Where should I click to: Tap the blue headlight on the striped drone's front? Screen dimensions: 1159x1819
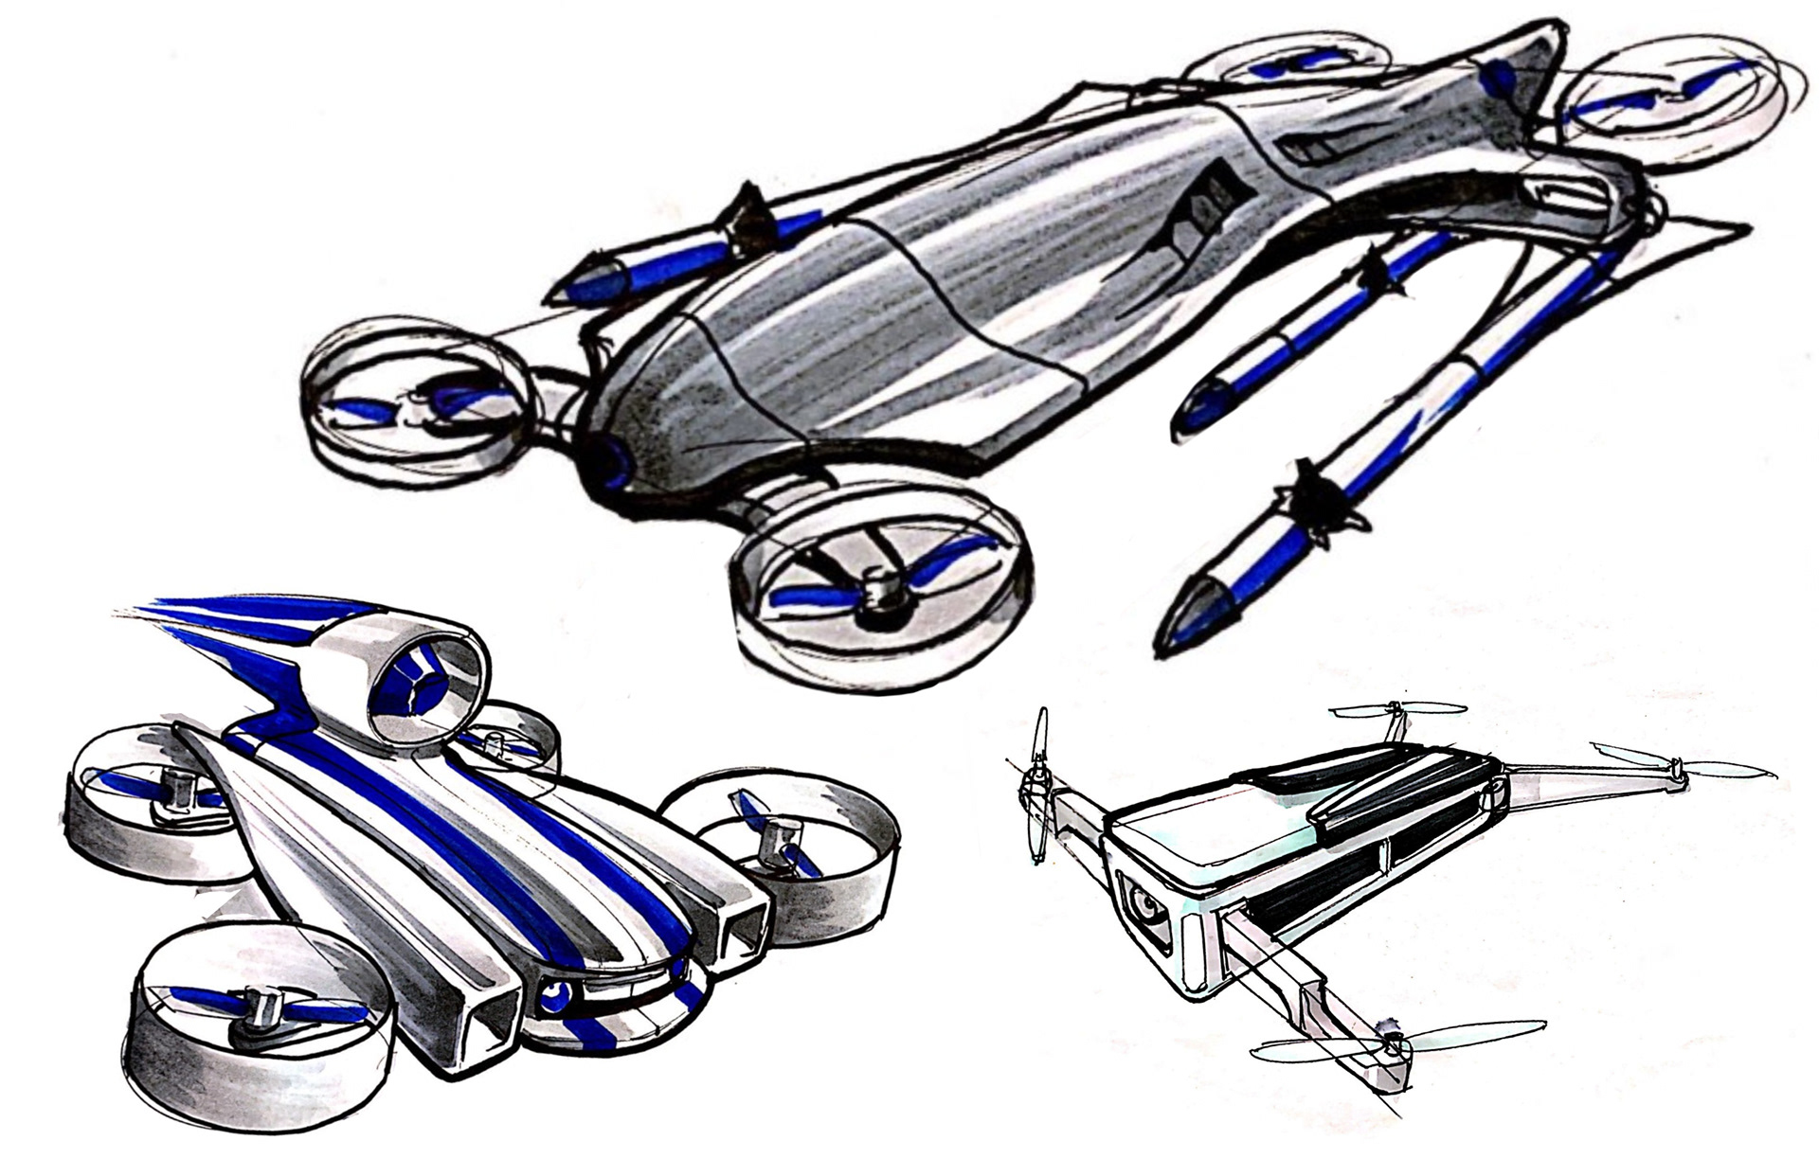point(552,992)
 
